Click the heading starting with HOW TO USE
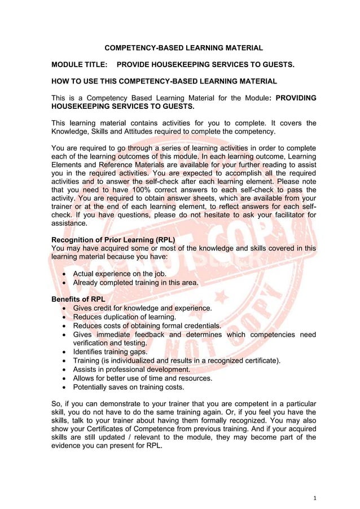pos(164,81)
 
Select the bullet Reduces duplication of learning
pos(125,317)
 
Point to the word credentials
pos(200,326)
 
